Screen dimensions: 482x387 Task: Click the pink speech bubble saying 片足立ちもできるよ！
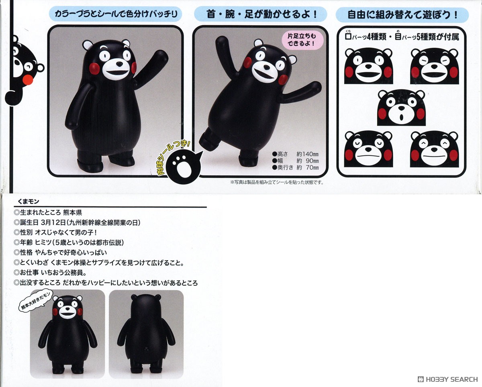click(x=302, y=40)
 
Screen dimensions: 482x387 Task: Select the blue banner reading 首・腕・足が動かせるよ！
click(x=261, y=14)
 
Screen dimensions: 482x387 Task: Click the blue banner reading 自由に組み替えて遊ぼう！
click(x=402, y=15)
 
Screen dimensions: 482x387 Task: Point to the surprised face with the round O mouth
click(x=401, y=107)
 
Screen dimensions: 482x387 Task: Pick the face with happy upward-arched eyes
click(x=434, y=149)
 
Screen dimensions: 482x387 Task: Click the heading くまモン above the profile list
click(x=29, y=202)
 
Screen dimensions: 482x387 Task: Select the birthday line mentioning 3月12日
click(x=77, y=222)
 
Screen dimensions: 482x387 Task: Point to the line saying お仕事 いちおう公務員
click(x=50, y=273)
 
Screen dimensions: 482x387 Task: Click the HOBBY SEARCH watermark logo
click(x=448, y=379)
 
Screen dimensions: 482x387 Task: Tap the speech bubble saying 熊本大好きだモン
click(x=35, y=300)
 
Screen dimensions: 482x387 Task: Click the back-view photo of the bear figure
click(x=146, y=334)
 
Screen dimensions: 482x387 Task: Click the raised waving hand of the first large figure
click(x=161, y=57)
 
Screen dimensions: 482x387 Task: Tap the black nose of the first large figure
click(x=120, y=64)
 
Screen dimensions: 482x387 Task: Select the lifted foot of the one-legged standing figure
click(x=206, y=139)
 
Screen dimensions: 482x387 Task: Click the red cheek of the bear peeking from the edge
click(x=28, y=80)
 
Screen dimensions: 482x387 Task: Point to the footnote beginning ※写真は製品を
click(x=277, y=182)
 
